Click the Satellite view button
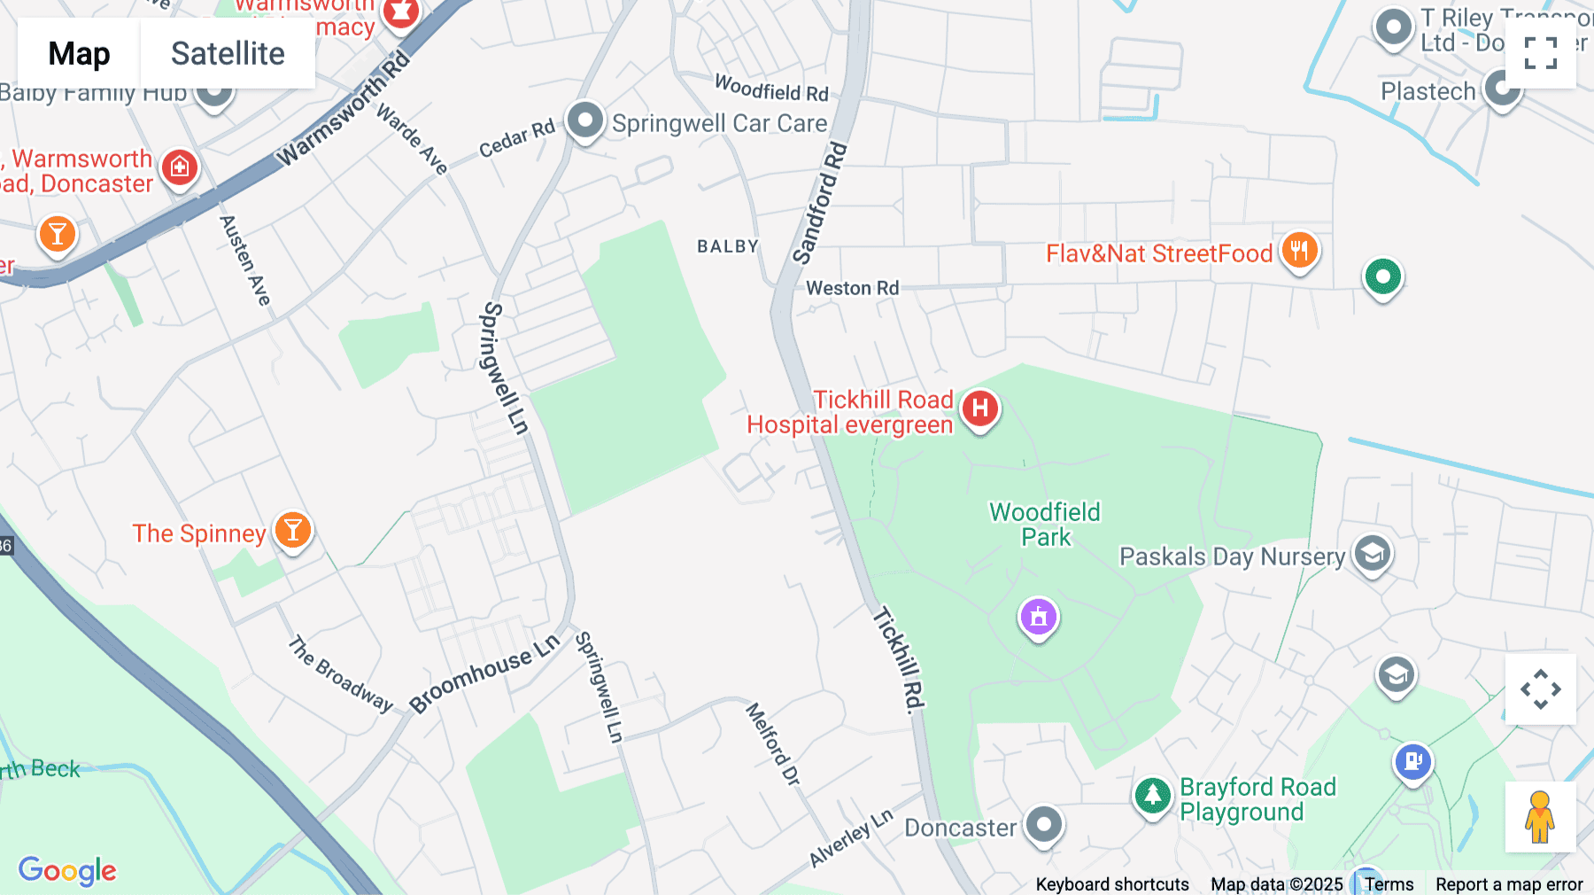pos(228,53)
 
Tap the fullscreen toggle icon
pos(1540,53)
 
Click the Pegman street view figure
pos(1540,816)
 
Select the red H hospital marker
pos(980,409)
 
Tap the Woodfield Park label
pos(1045,525)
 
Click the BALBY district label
pos(728,246)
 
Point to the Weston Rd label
pos(852,288)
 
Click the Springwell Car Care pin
pos(585,121)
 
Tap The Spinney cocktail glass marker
pos(293,531)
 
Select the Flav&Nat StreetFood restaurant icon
pos(1299,251)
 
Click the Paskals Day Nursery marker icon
pos(1372,555)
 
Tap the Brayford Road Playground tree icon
pos(1152,795)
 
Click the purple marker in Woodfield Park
pos(1039,616)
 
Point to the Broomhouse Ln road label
pos(484,673)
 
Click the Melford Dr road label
pos(773,743)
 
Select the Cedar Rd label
pos(516,138)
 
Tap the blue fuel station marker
pos(1412,761)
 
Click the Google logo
pos(67,870)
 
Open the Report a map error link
pos(1509,884)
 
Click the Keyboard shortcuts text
pos(1112,884)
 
